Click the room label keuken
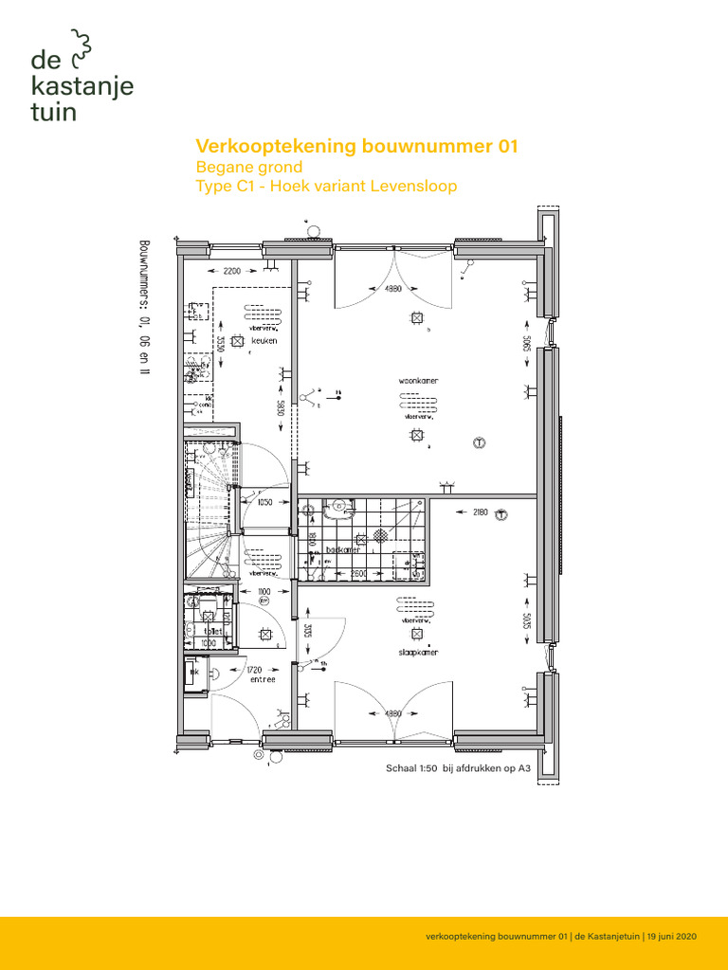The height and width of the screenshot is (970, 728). tap(264, 341)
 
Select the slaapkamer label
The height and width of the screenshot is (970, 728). tap(417, 653)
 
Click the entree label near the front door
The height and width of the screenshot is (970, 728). tap(263, 679)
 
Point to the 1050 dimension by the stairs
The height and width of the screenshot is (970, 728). tap(264, 503)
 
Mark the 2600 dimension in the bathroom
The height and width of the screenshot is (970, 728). tap(358, 574)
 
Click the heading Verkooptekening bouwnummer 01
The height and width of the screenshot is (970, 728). tap(356, 146)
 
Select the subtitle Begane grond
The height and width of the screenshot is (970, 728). tap(248, 167)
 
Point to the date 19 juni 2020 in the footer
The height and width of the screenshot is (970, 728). tap(672, 936)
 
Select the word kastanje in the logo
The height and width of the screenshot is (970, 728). tap(82, 87)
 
